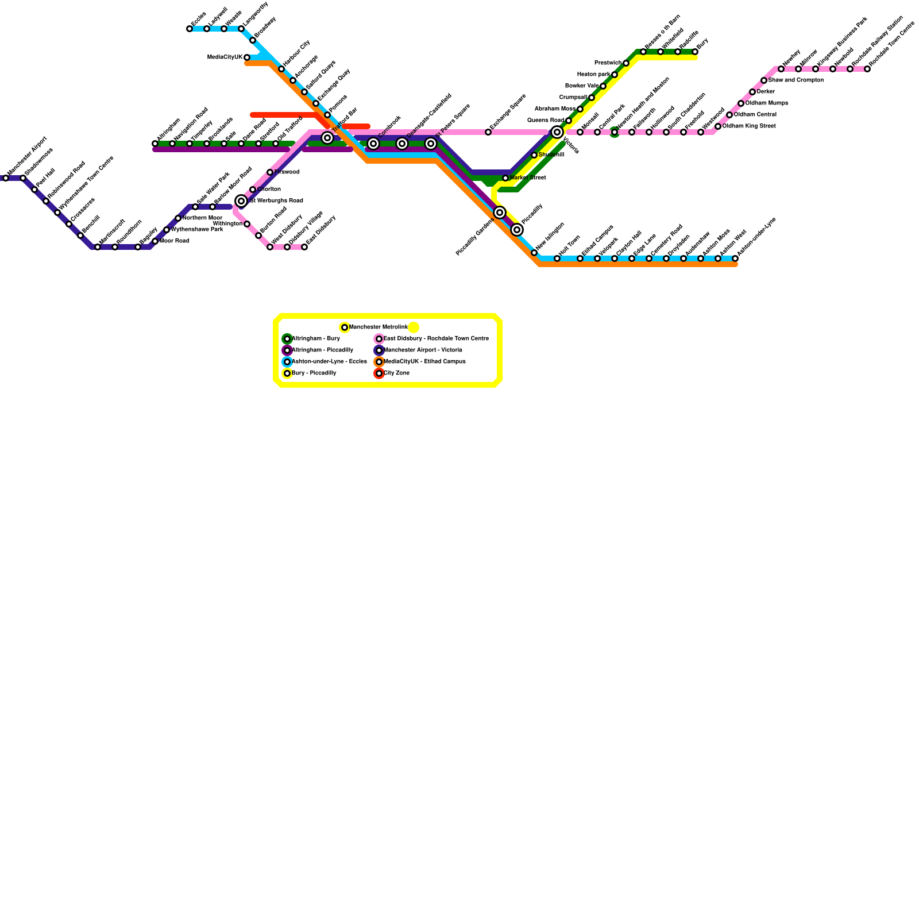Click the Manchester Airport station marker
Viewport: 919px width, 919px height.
6,178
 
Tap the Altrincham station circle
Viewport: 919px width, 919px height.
155,144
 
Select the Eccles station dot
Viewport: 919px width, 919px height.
190,29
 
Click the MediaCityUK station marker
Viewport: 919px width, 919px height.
247,57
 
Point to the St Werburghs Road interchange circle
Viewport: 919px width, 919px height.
241,201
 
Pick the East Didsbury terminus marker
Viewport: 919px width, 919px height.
304,247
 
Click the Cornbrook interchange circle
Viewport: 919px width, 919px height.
373,144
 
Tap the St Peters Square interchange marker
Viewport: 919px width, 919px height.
431,144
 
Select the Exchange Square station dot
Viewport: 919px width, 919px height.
488,132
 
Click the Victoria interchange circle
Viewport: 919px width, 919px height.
557,133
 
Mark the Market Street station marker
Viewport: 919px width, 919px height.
505,178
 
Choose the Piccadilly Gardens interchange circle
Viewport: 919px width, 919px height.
500,213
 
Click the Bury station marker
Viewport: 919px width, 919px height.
695,52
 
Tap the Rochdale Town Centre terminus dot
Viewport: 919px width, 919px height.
867,69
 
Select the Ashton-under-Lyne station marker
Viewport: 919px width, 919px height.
735,258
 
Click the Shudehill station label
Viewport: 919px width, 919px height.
551,155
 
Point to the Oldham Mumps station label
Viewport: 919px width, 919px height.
766,103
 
